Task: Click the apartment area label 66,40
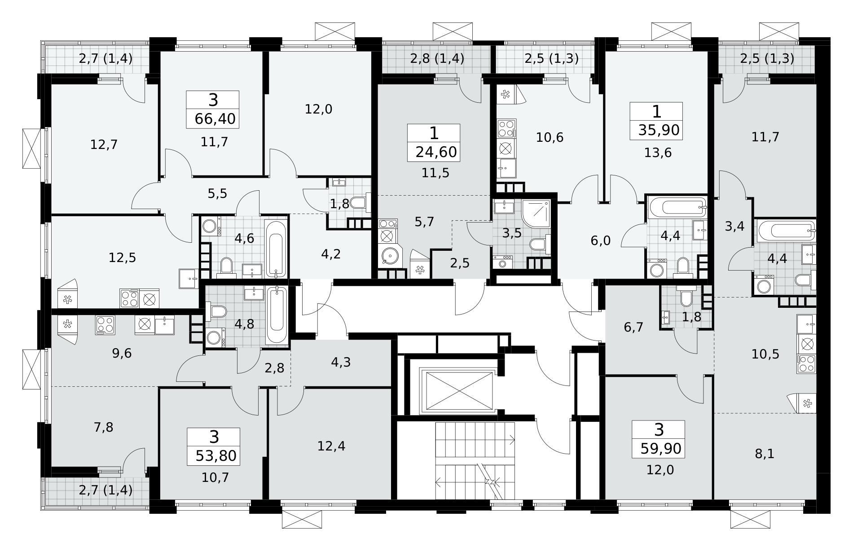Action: point(215,119)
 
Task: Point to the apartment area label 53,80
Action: point(216,456)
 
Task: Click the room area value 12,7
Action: point(104,144)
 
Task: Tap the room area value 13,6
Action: point(658,153)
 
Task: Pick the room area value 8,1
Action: point(765,454)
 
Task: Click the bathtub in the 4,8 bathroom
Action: point(277,316)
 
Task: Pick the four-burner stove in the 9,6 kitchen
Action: point(105,325)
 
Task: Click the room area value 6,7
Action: point(633,327)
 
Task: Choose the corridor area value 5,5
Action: point(217,193)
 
